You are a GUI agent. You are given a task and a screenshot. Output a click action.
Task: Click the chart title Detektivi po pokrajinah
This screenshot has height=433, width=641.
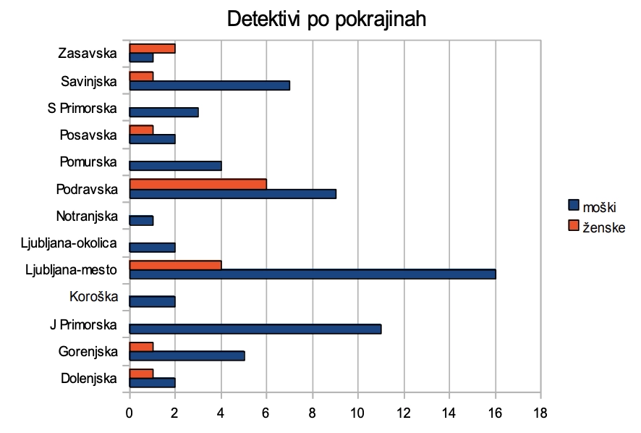(x=326, y=20)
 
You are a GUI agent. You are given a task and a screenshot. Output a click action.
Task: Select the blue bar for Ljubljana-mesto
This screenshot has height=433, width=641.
(x=312, y=274)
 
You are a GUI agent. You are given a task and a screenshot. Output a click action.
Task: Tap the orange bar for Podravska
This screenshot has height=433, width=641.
(x=198, y=184)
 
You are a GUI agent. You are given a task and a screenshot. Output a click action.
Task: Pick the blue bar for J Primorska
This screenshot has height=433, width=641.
(x=255, y=329)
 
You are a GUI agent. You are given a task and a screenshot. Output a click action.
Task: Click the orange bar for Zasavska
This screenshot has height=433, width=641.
(x=152, y=49)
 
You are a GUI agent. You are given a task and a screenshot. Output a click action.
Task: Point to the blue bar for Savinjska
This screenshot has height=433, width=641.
(x=209, y=85)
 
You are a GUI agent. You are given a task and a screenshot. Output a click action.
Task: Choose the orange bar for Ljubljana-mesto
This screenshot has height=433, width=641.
(x=175, y=265)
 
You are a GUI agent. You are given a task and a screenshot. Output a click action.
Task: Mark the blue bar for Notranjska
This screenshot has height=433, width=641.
(x=141, y=220)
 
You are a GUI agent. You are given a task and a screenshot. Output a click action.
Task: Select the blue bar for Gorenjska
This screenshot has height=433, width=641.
(x=187, y=356)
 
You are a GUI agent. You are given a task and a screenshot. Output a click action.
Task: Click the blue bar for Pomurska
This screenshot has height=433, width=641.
(x=175, y=166)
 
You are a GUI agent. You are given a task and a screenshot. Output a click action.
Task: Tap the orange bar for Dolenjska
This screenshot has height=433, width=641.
(x=141, y=374)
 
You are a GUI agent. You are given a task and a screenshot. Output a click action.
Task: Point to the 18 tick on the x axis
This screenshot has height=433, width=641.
(x=540, y=414)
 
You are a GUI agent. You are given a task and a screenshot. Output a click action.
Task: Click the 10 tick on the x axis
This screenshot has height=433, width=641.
(x=358, y=414)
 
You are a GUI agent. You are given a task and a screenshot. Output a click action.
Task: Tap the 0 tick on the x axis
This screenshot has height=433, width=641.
(x=130, y=414)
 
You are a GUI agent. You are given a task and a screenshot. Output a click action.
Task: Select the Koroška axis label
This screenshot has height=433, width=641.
(x=93, y=296)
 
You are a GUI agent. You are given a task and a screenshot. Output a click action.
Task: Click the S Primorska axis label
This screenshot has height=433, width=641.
(x=82, y=109)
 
